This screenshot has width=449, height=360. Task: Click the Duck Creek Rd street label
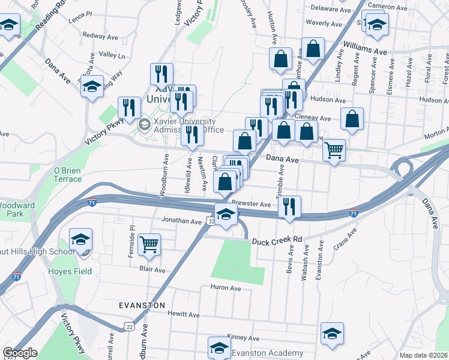click(x=277, y=239)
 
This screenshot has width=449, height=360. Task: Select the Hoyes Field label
click(x=70, y=271)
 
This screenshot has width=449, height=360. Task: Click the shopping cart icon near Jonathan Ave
click(x=149, y=244)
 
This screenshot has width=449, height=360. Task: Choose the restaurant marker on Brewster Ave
click(x=289, y=206)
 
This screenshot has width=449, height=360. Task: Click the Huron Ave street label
click(x=226, y=289)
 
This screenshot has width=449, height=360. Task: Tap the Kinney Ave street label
click(x=243, y=338)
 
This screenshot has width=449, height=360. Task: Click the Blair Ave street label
click(x=152, y=270)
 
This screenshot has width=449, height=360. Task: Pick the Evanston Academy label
click(x=257, y=353)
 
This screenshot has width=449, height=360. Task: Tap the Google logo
click(x=20, y=353)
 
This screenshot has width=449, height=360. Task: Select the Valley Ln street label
click(x=112, y=55)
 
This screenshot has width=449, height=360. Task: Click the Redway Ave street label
click(x=94, y=36)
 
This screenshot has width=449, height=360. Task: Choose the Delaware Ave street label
click(x=330, y=8)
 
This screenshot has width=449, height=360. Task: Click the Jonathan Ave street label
click(x=181, y=221)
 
